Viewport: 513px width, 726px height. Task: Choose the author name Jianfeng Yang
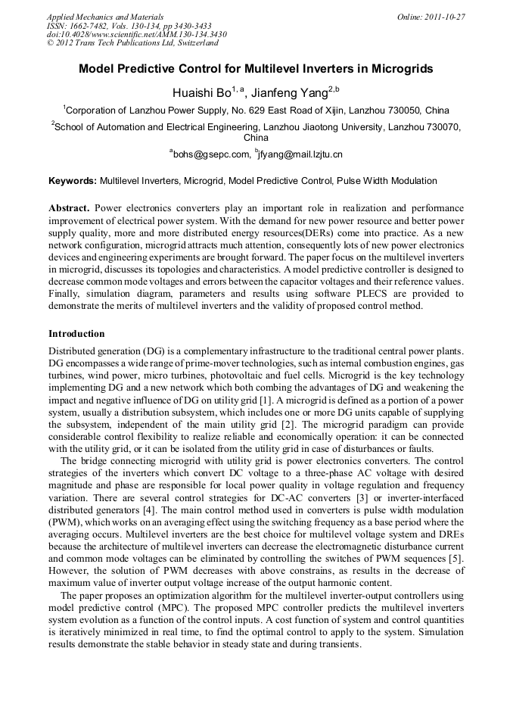coord(290,92)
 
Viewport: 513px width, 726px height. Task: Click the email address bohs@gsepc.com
coord(213,154)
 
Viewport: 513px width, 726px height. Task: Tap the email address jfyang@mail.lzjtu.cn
coord(301,154)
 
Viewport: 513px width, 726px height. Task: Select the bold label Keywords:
coord(73,182)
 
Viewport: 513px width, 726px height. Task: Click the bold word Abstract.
coord(70,207)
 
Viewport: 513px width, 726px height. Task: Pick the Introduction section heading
coord(76,333)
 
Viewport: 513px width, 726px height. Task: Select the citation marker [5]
coord(456,558)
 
